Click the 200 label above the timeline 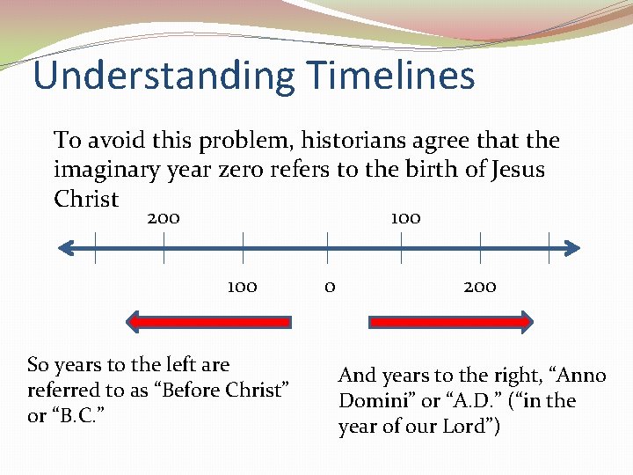tap(164, 217)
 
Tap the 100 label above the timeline tap(405, 217)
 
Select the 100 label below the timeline tap(242, 286)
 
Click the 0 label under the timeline tap(329, 286)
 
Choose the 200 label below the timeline tap(480, 286)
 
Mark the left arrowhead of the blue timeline tap(65, 249)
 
